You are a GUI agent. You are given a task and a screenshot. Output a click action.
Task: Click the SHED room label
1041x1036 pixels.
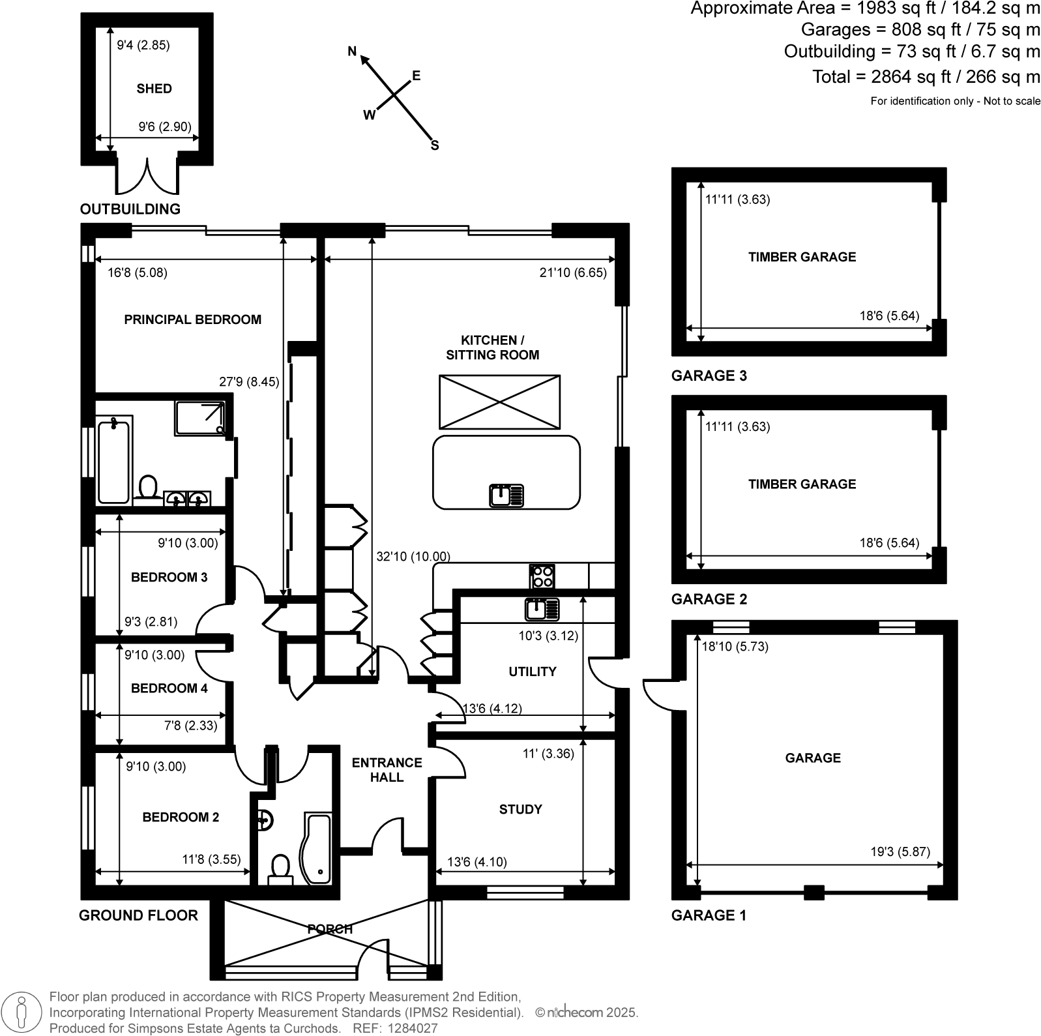coord(154,89)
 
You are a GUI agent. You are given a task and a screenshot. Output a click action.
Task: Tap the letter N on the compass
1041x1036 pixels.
coord(353,52)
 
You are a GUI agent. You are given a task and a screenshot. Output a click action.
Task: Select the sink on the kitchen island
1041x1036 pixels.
coord(506,496)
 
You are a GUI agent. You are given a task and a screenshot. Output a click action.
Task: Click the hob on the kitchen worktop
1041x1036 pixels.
coord(542,576)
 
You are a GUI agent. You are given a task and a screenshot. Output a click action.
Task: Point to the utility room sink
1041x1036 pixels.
coord(542,610)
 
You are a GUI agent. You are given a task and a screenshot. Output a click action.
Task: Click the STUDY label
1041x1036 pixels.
coord(520,809)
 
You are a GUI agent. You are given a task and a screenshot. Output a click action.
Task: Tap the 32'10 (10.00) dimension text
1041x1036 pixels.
coord(413,556)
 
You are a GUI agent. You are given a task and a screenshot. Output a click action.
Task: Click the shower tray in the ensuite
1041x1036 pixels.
coord(201,418)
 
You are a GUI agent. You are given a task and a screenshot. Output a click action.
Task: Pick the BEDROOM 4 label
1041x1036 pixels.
coord(169,688)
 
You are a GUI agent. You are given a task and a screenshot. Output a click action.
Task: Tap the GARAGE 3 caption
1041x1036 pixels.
coord(709,376)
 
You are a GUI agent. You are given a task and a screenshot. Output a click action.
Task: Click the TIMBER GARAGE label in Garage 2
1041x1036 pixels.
coord(802,484)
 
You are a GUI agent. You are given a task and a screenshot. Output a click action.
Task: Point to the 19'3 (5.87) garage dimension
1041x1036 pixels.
coord(900,851)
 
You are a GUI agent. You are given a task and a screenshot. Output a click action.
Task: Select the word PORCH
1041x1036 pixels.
coord(330,928)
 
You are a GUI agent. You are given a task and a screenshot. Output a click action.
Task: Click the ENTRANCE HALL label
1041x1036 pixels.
coord(387,769)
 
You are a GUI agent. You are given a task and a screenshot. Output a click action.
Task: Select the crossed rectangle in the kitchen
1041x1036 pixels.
coord(499,402)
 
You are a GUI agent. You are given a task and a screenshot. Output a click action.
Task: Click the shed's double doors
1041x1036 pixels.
coord(147,175)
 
